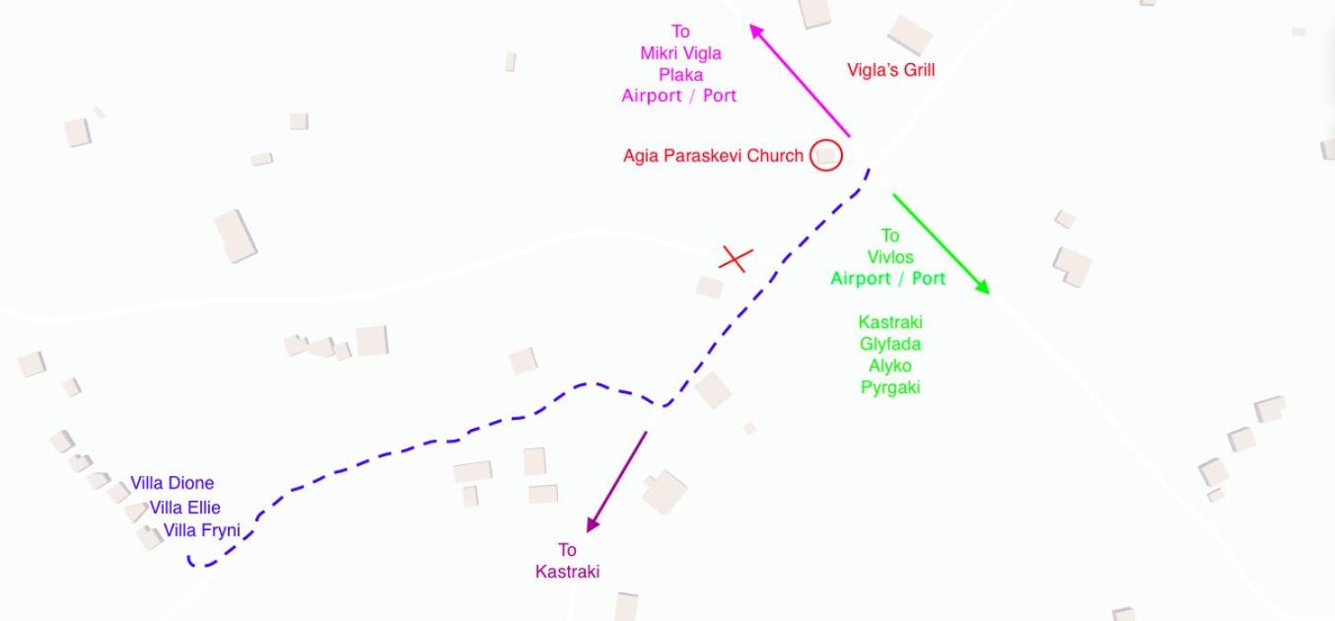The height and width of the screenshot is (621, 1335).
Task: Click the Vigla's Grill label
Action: click(890, 70)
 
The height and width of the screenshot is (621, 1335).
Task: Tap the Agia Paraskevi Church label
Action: click(714, 156)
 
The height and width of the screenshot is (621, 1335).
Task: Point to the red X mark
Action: click(737, 259)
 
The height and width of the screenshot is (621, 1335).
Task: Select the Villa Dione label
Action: click(172, 483)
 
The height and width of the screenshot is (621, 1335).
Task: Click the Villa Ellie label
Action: click(184, 508)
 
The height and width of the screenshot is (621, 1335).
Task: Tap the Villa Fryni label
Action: click(201, 530)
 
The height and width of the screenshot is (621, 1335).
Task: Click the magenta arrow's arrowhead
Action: click(756, 31)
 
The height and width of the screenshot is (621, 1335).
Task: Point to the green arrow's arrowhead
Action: click(982, 287)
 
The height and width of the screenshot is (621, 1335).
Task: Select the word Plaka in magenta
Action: click(680, 75)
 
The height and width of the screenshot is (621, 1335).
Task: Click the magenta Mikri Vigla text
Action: click(680, 53)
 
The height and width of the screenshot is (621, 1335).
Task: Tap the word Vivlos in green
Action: click(890, 257)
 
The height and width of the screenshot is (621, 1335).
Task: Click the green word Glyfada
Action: click(890, 344)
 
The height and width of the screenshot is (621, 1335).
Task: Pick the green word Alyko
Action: click(890, 366)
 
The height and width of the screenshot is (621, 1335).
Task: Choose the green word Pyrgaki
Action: click(890, 387)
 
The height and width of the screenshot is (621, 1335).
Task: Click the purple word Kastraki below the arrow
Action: click(567, 572)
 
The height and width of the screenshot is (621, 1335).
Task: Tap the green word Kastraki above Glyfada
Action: click(890, 322)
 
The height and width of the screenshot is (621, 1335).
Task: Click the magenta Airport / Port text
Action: click(678, 96)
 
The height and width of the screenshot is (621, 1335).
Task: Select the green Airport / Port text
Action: click(888, 279)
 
